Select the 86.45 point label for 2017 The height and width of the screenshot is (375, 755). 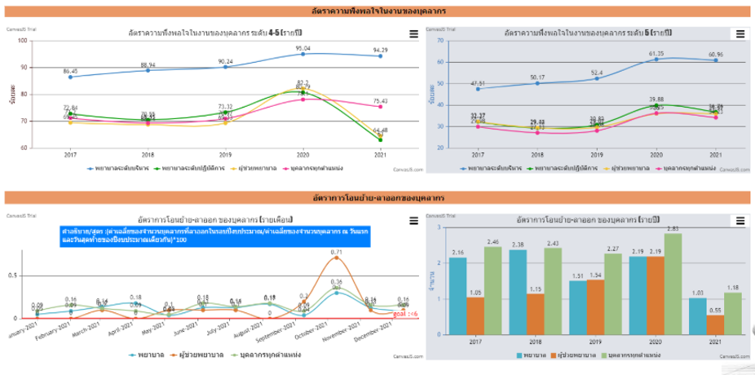[70, 71]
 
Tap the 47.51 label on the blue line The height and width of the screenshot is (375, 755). [478, 83]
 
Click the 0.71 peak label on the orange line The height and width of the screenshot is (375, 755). [337, 255]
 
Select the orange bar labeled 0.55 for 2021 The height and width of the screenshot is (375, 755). [716, 324]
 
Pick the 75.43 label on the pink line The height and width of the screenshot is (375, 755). [380, 102]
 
